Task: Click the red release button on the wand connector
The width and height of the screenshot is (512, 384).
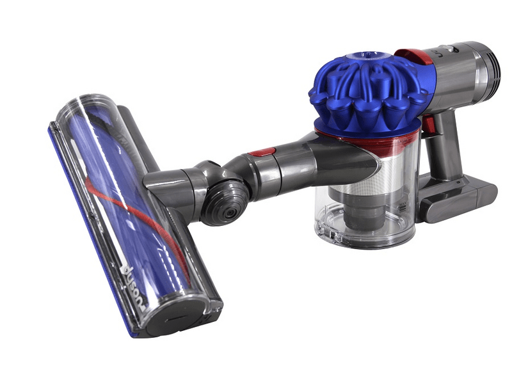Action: click(x=261, y=152)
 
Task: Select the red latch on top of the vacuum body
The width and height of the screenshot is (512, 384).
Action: click(x=413, y=56)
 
